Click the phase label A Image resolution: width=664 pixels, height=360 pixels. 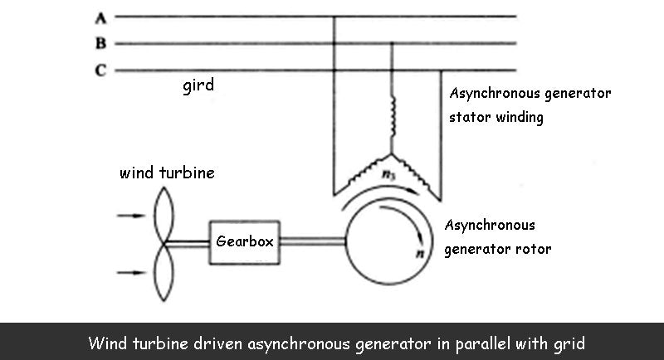tap(100, 17)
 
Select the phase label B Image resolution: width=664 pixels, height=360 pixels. tap(100, 44)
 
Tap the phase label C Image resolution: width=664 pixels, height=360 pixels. tap(100, 71)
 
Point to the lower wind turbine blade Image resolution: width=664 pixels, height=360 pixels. tap(162, 274)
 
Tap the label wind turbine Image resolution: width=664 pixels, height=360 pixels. tap(167, 173)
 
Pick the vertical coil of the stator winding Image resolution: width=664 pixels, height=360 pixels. tap(393, 116)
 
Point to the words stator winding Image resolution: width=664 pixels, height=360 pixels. tap(496, 117)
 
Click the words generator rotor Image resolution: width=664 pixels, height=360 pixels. tap(498, 248)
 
